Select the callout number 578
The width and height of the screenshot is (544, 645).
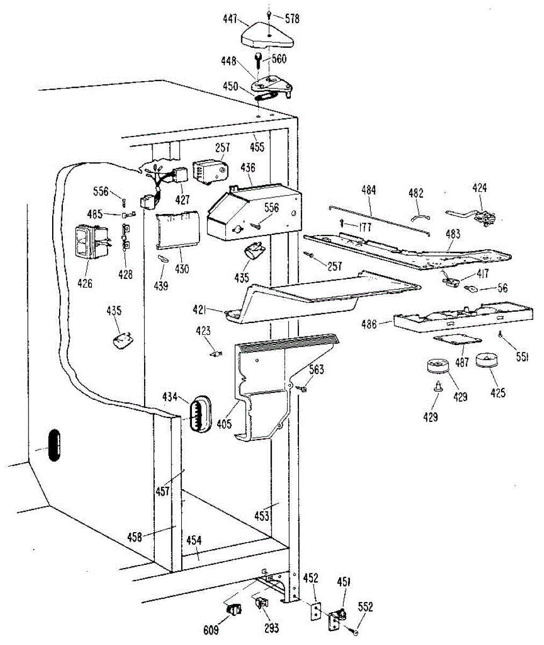[x=292, y=19]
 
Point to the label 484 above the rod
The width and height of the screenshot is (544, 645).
[x=369, y=190]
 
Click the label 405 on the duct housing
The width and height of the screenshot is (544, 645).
[x=224, y=424]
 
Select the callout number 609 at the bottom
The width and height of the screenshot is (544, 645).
[x=211, y=629]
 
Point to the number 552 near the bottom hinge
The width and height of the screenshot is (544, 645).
[x=366, y=607]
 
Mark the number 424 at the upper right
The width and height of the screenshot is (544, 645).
[x=479, y=188]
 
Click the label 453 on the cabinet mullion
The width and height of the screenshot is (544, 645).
[x=262, y=517]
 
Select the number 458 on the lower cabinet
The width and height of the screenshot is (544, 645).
[x=134, y=536]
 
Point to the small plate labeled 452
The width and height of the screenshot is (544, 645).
[x=316, y=610]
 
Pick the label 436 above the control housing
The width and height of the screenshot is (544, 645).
[x=248, y=168]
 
